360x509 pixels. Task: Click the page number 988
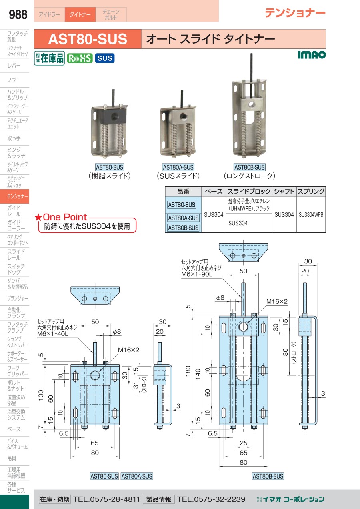click(18, 14)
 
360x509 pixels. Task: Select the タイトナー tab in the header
click(80, 14)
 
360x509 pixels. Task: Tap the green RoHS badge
click(80, 58)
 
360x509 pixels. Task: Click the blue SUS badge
click(105, 58)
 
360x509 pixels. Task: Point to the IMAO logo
click(312, 54)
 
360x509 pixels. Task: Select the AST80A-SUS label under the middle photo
click(178, 168)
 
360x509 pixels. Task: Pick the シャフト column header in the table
click(284, 192)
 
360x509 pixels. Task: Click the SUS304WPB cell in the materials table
click(311, 215)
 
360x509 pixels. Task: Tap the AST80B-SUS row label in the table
click(183, 228)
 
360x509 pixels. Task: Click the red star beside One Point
click(38, 217)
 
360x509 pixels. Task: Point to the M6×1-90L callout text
click(197, 274)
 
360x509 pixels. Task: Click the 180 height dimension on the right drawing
click(188, 371)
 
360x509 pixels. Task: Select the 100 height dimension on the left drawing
click(41, 395)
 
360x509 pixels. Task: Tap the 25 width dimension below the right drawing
click(243, 443)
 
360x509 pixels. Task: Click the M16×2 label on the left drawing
click(128, 350)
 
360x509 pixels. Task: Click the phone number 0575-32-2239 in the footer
click(211, 499)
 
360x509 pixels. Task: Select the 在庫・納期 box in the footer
click(54, 499)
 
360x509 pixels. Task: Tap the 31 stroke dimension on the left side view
click(136, 385)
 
